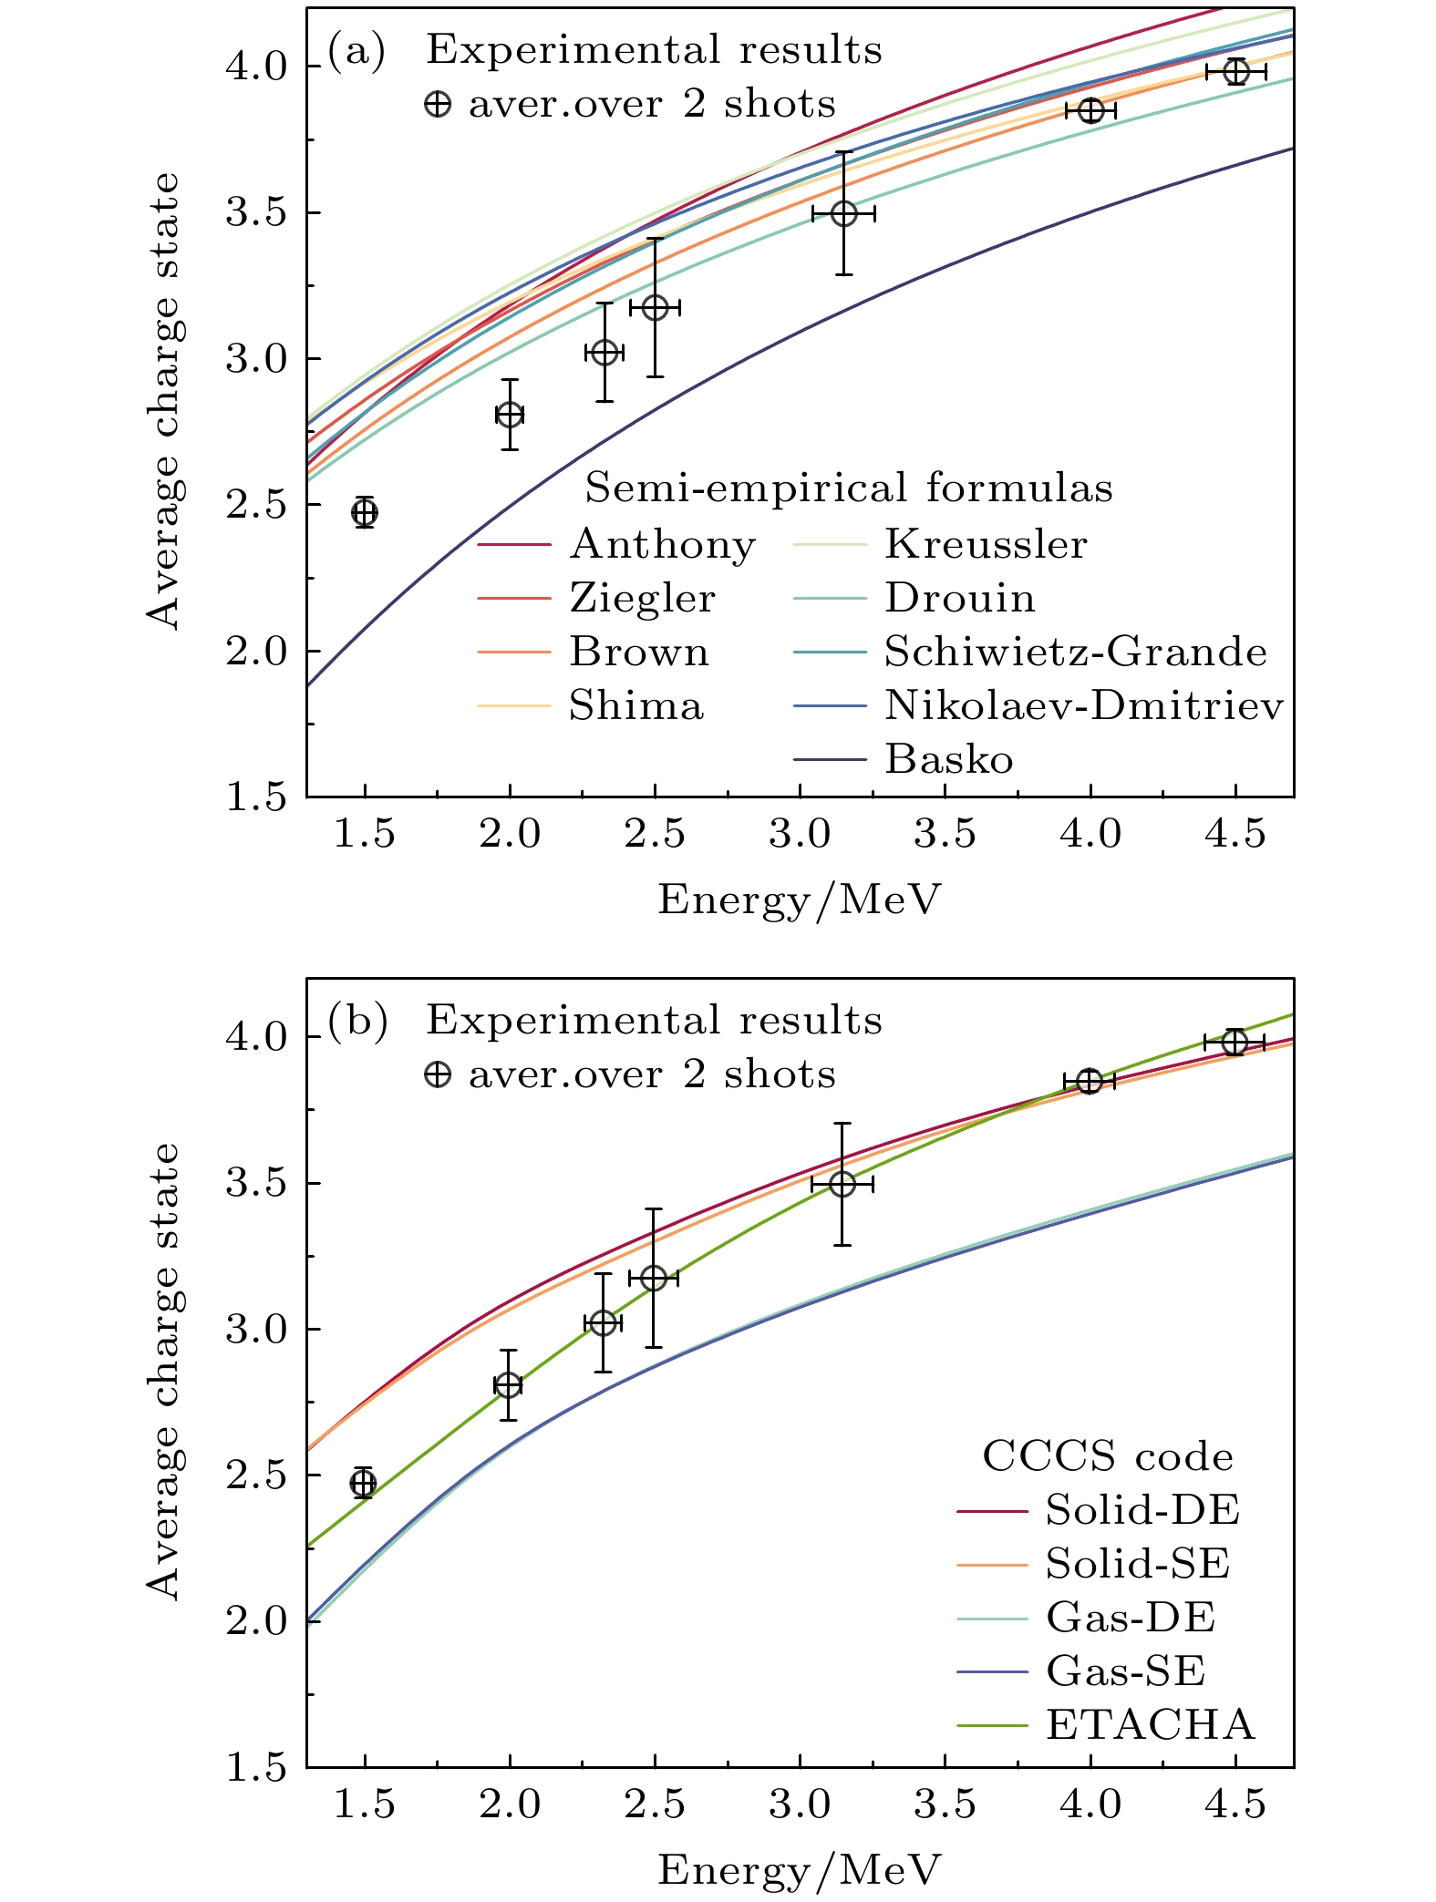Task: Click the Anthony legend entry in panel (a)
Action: [x=663, y=544]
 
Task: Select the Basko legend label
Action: [x=948, y=759]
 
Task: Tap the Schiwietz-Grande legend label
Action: [x=1076, y=652]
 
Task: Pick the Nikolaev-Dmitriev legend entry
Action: [x=1083, y=705]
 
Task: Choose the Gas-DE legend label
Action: [x=1130, y=1617]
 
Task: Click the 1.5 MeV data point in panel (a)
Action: [x=365, y=512]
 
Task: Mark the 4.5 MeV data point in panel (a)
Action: [x=1235, y=72]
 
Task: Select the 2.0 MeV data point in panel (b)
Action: [x=508, y=1385]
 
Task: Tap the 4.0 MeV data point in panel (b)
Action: [x=1090, y=1081]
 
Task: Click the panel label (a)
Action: [x=356, y=50]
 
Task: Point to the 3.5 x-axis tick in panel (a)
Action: [x=945, y=833]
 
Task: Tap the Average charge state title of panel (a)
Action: [x=164, y=401]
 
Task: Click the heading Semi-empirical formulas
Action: [x=848, y=488]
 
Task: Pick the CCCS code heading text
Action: [x=1107, y=1456]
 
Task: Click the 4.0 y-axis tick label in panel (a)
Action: [x=255, y=67]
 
